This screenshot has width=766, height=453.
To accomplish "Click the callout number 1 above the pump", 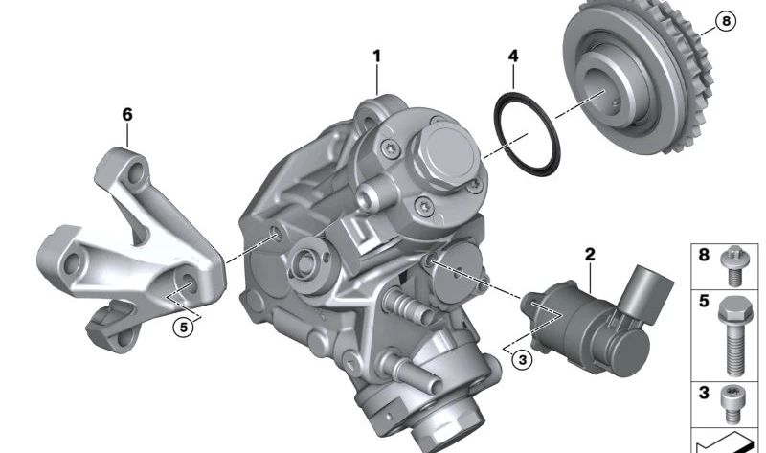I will (x=377, y=57).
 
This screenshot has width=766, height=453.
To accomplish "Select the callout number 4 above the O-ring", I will (x=513, y=57).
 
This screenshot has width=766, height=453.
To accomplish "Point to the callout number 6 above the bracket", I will (x=127, y=115).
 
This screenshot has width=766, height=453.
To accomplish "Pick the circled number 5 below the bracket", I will (x=183, y=327).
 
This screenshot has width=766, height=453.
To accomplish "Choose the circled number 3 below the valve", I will (x=520, y=360).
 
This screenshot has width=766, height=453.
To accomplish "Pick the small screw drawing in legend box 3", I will (x=735, y=402).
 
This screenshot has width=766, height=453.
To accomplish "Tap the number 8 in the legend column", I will (x=704, y=256).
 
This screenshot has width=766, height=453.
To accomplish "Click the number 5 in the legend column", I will (x=704, y=301).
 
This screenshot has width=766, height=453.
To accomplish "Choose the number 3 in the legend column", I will (x=704, y=393).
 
